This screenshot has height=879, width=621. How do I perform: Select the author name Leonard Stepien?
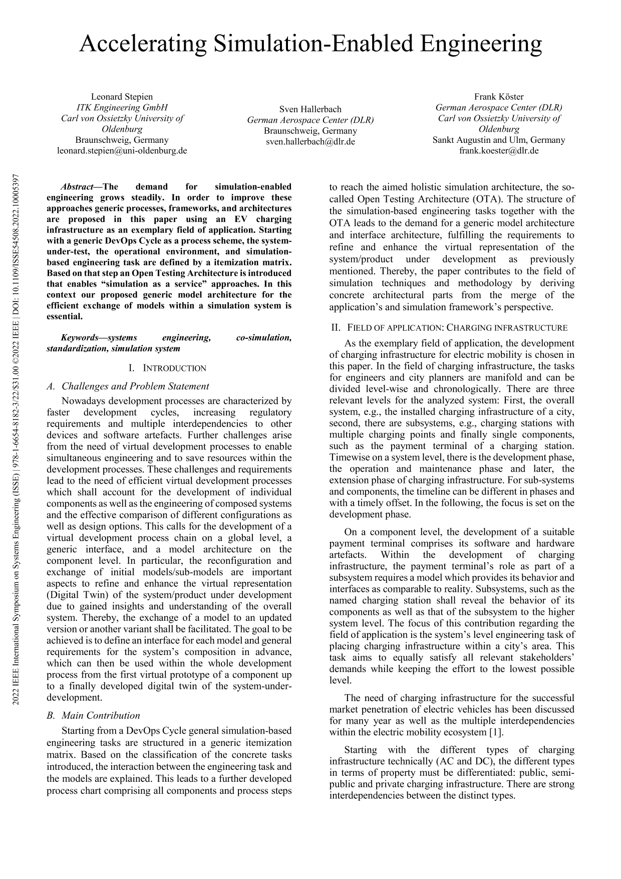click(x=122, y=97)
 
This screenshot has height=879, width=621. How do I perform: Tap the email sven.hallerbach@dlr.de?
click(x=310, y=142)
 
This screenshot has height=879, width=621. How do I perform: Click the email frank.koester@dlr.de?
click(x=499, y=150)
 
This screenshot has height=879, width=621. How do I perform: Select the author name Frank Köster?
click(x=499, y=97)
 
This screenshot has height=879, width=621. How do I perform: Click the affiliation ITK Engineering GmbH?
click(x=122, y=107)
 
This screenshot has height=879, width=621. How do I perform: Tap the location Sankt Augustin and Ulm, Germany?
click(x=499, y=140)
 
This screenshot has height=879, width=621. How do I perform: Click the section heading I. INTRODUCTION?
click(x=167, y=368)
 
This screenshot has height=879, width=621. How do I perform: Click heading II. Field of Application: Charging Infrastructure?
click(x=449, y=328)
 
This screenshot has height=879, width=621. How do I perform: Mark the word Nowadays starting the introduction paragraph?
click(x=83, y=401)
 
